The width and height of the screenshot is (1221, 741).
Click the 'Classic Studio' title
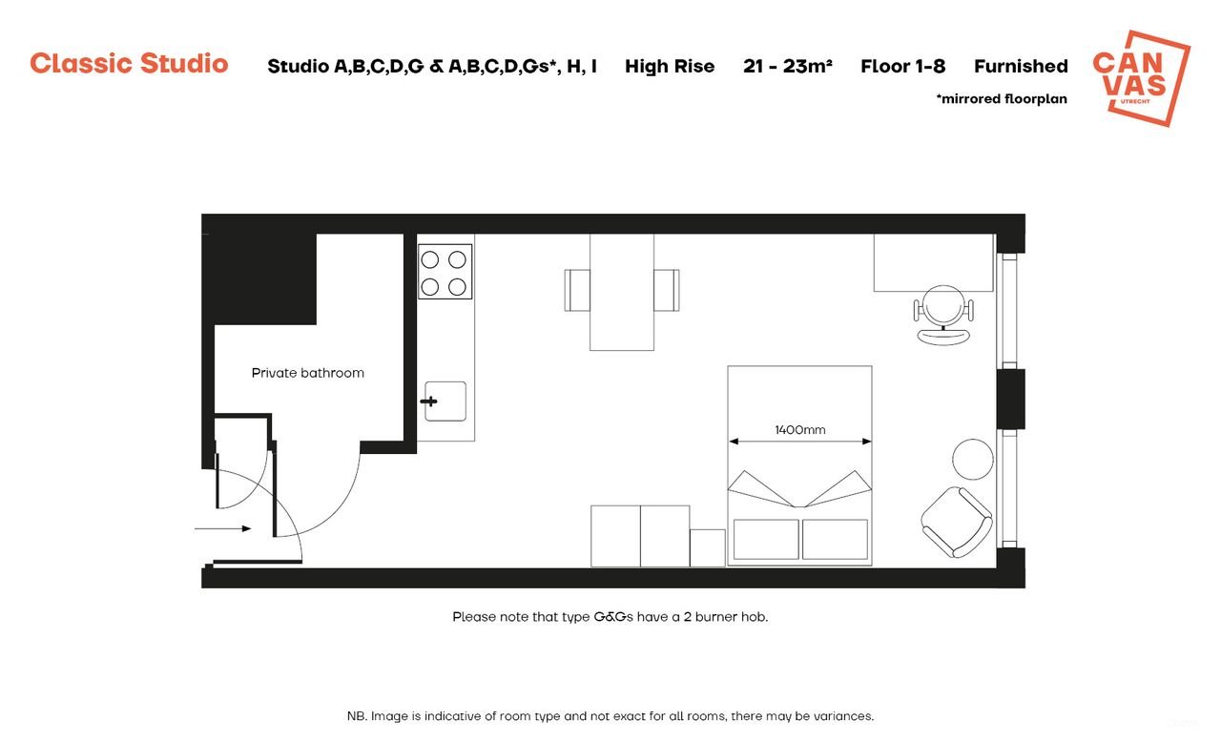tap(129, 64)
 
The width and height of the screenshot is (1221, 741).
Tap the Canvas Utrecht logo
tap(1141, 77)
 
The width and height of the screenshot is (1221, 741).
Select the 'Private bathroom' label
tap(307, 373)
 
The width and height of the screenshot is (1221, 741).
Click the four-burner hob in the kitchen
tap(445, 272)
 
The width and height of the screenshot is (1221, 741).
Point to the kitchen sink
tap(445, 401)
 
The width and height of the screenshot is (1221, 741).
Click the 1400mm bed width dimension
tap(799, 431)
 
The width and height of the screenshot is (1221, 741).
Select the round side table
tap(973, 459)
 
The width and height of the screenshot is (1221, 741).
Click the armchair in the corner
tap(957, 522)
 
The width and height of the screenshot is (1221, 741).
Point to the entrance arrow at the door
tap(223, 528)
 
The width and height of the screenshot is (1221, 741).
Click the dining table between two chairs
tap(622, 291)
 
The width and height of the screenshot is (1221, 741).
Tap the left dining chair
tap(577, 290)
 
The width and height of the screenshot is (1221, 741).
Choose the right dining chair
tap(667, 290)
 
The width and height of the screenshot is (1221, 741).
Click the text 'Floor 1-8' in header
tap(902, 66)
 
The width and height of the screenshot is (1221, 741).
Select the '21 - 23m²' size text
tap(788, 66)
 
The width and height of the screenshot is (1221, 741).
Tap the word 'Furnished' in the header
tap(1021, 66)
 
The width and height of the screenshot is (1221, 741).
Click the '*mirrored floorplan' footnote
tap(1002, 98)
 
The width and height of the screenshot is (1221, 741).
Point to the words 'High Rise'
tap(670, 66)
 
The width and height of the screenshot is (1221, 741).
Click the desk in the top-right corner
tap(933, 262)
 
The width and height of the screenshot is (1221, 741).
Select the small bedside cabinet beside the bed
tap(707, 548)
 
